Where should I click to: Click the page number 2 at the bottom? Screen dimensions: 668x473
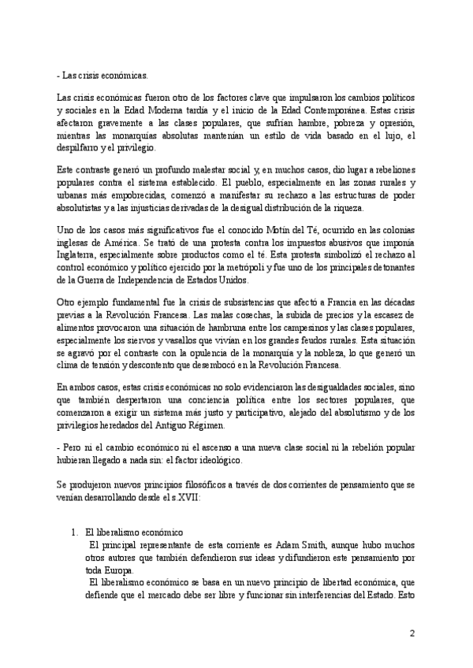(412, 633)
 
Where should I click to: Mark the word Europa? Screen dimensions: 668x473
(119, 570)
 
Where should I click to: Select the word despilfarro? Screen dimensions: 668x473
(75, 147)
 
